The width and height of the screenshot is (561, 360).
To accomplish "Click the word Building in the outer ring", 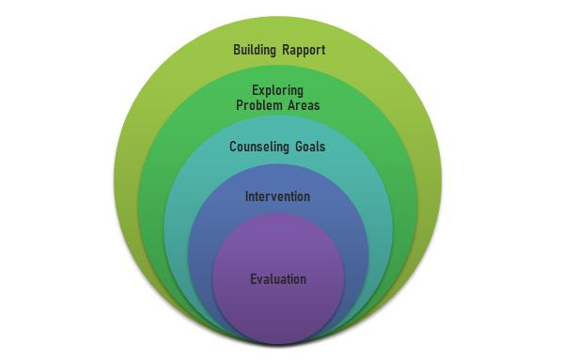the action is [255, 50].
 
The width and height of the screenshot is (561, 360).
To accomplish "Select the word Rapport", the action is [304, 50].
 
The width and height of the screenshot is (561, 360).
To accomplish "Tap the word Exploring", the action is [277, 90].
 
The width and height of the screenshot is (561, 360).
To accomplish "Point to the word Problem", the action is [259, 105].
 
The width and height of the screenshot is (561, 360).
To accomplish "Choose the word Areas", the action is [304, 105].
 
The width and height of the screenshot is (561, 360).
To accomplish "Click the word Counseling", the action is [259, 147].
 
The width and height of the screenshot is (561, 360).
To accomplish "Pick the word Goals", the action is [310, 147].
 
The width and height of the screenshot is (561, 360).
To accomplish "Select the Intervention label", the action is [277, 196].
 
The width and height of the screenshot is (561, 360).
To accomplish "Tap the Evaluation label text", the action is [278, 279].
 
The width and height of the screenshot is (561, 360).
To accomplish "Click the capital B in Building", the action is [237, 50].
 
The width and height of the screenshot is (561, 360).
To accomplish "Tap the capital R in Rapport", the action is [286, 50].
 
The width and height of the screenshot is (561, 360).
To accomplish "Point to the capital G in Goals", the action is [299, 147].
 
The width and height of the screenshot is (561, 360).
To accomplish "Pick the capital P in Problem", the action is [240, 105].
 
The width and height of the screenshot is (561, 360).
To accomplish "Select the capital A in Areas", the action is [292, 105].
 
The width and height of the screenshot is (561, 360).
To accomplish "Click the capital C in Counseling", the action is [233, 147].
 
